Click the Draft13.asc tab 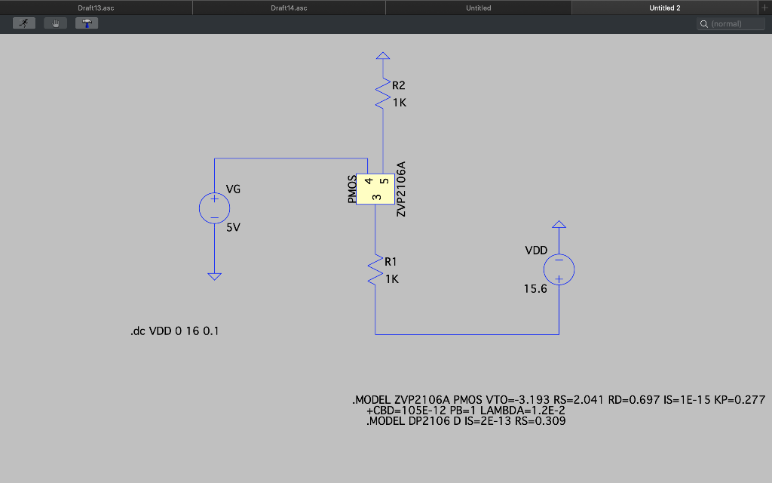[96, 8]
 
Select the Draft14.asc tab [289, 8]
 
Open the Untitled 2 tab [664, 8]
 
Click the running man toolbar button [24, 23]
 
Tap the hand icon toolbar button [55, 23]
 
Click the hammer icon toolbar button [87, 23]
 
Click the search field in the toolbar [731, 24]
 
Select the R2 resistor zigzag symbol [383, 94]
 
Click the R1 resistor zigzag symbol [375, 270]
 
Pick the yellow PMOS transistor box [375, 189]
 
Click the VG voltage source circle [214, 208]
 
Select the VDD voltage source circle [559, 269]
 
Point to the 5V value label [233, 227]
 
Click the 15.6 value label [535, 288]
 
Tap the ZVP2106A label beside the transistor [401, 189]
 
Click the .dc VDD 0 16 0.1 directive [174, 331]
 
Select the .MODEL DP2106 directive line [465, 421]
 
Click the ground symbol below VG [214, 276]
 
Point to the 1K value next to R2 [399, 103]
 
